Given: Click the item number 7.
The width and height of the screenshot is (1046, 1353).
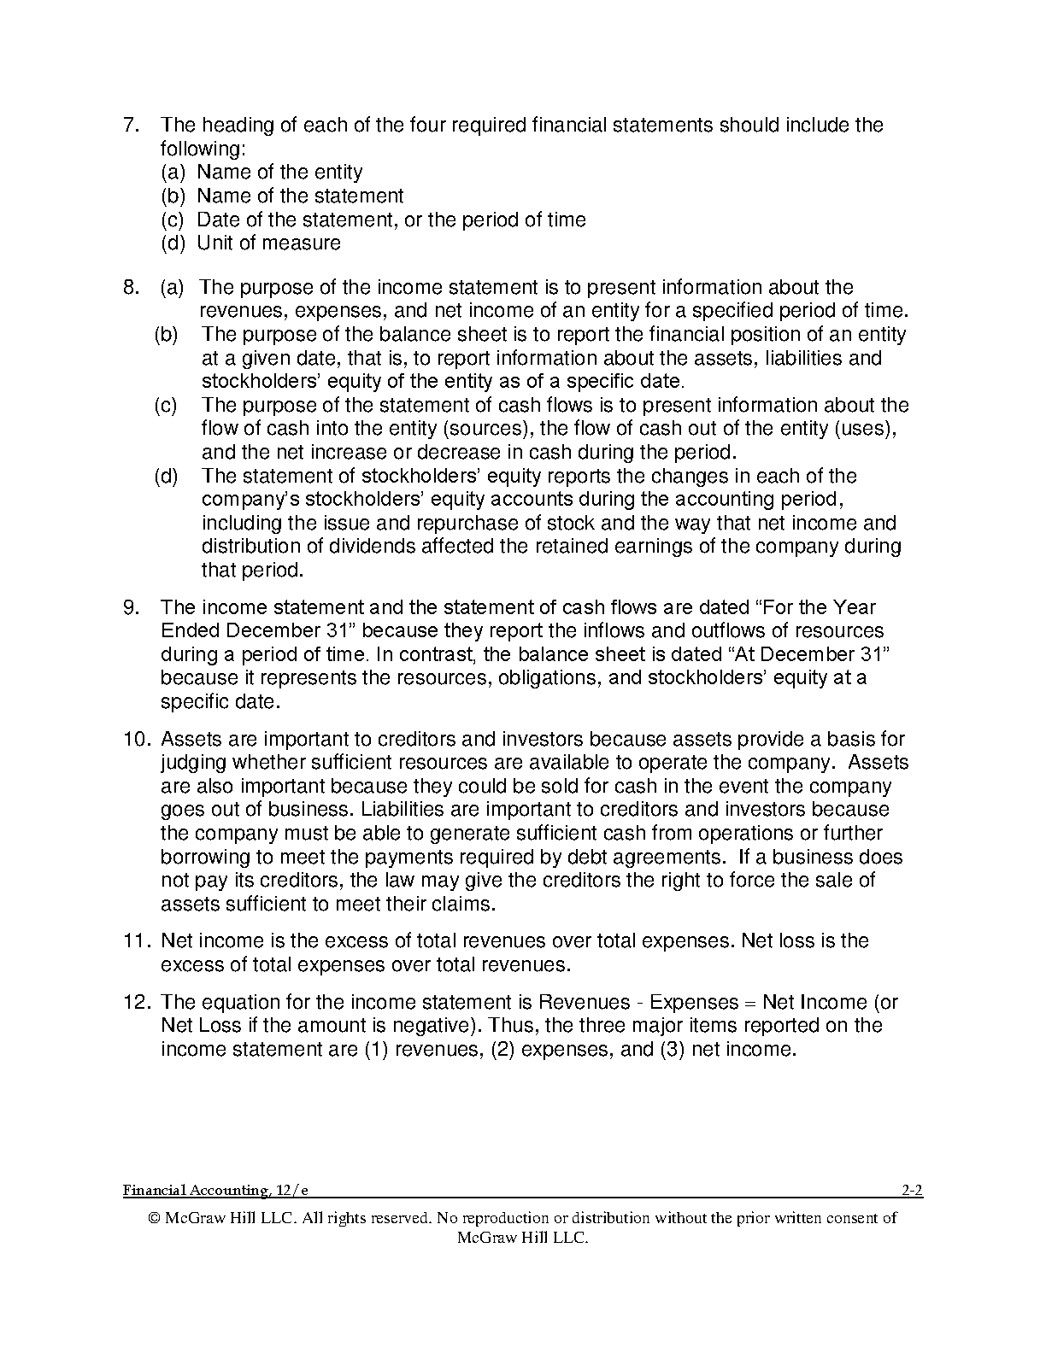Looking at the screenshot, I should coord(130,126).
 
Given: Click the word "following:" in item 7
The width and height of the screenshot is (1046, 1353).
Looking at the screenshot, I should coord(203,149).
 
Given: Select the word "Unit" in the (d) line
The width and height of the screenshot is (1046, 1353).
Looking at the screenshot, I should coord(214,243).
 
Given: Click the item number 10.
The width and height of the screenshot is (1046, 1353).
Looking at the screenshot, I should coord(138,739).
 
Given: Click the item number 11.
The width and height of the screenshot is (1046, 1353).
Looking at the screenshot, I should coord(138,941).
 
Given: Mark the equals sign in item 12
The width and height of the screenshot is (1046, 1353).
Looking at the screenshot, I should coord(750,1002).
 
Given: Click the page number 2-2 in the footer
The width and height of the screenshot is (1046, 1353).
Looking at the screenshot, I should coord(912,1190).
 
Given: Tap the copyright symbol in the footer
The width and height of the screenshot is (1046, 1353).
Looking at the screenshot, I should coord(154,1219).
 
